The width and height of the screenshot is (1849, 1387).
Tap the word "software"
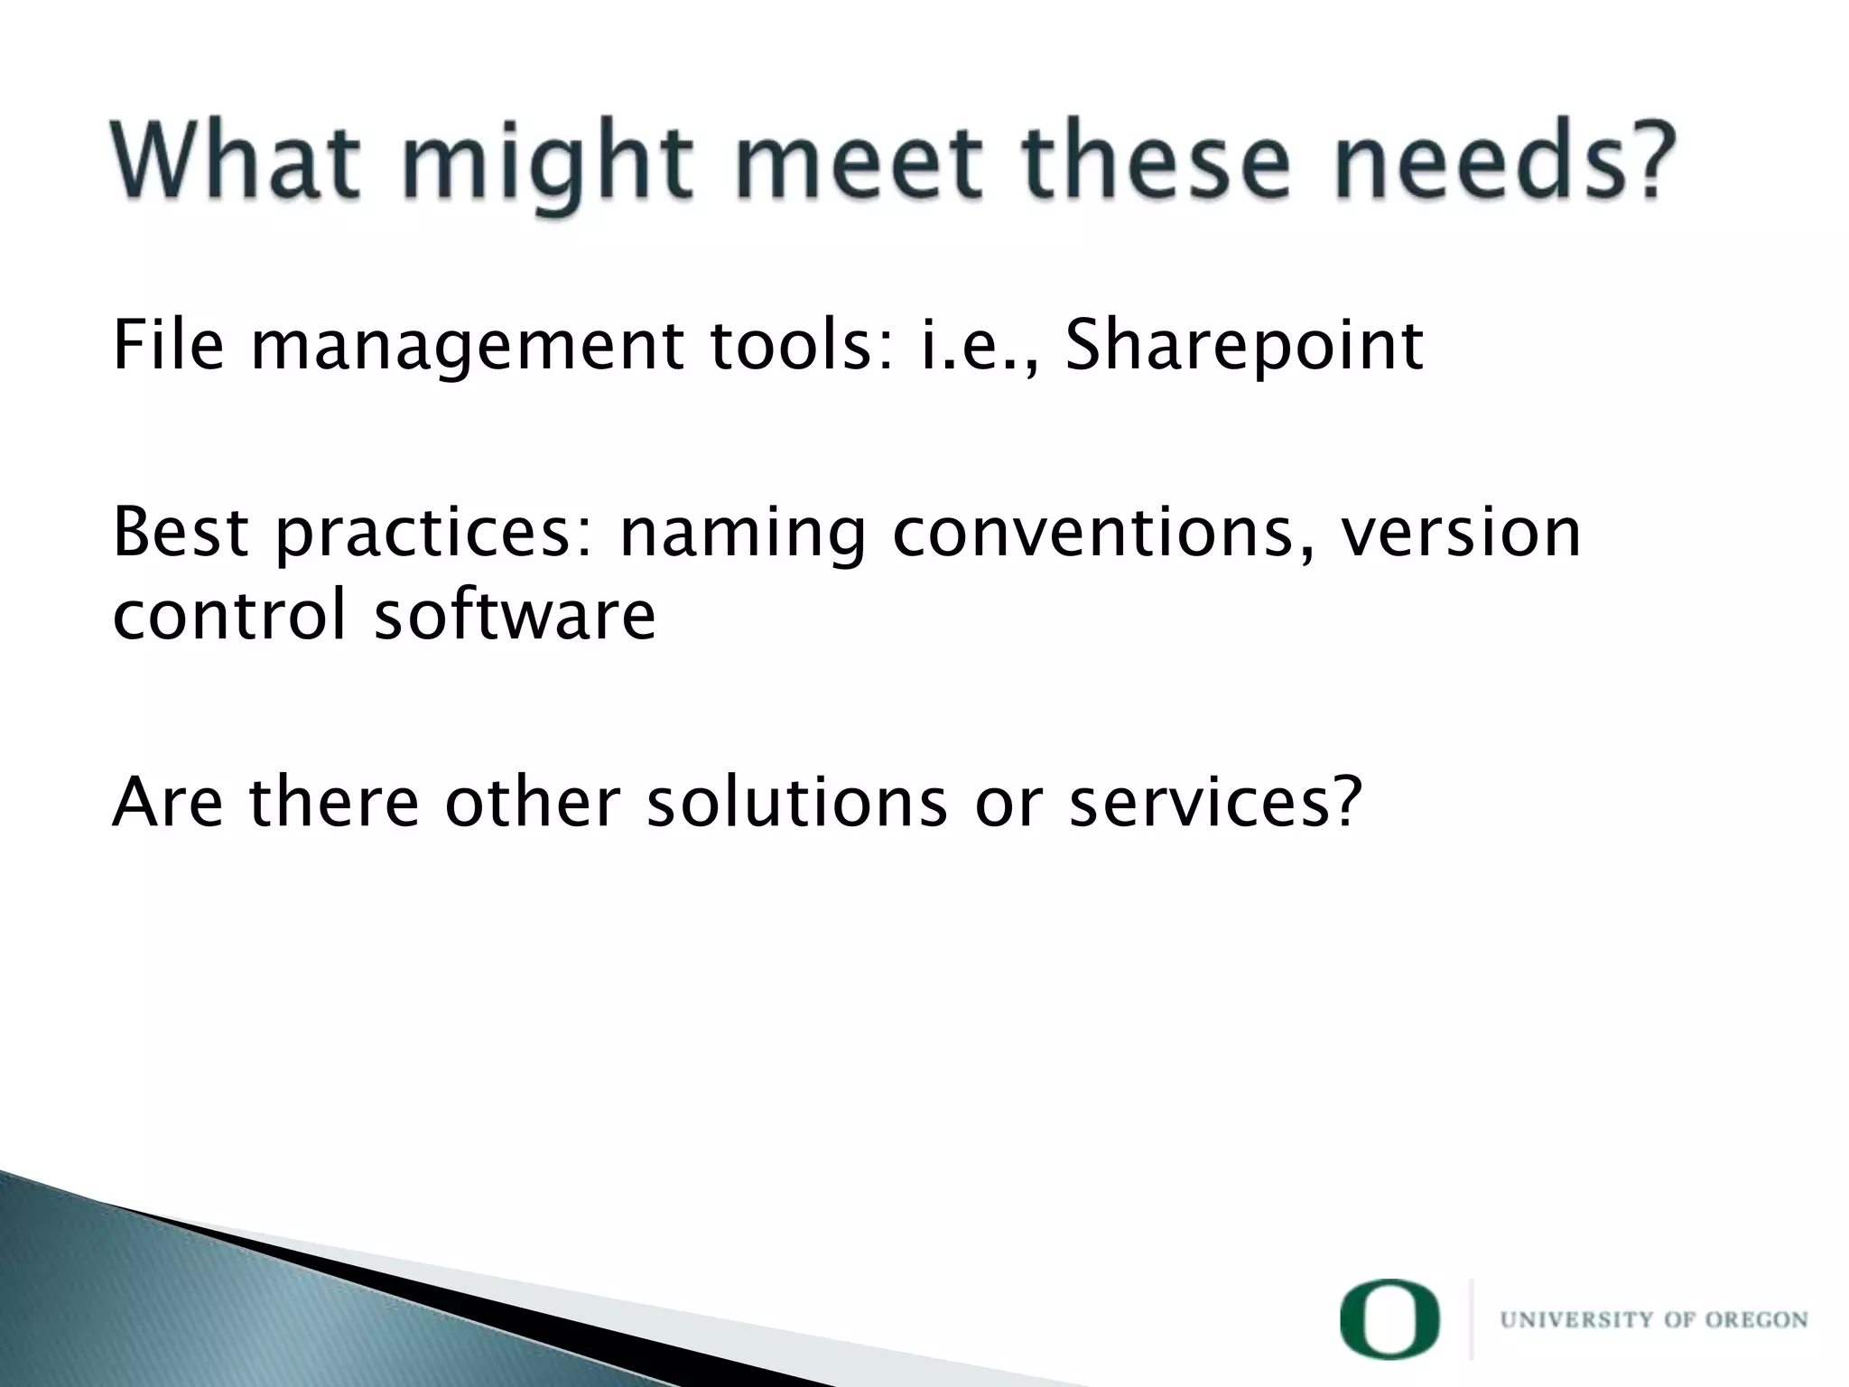pyautogui.click(x=516, y=616)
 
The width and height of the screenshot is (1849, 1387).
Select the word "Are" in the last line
pyautogui.click(x=167, y=802)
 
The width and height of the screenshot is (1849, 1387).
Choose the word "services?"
pyautogui.click(x=1215, y=802)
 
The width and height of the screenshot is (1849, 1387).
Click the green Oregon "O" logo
pyautogui.click(x=1391, y=1319)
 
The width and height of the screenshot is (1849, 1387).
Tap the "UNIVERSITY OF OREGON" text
pyautogui.click(x=1654, y=1320)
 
